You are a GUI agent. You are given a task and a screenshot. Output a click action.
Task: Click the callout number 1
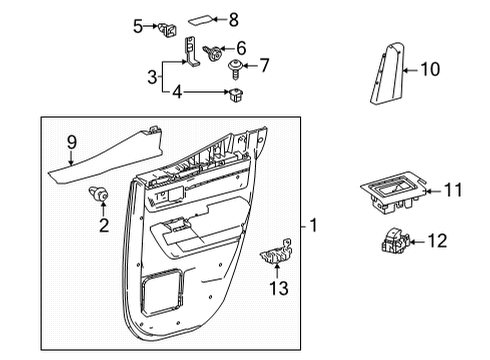[315, 226]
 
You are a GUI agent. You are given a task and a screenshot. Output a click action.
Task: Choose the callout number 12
[438, 240]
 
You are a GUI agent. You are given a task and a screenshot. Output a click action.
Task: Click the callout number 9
[70, 142]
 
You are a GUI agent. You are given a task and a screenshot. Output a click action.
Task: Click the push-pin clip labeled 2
[100, 195]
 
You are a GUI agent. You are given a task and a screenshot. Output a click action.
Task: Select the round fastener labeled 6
[213, 49]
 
